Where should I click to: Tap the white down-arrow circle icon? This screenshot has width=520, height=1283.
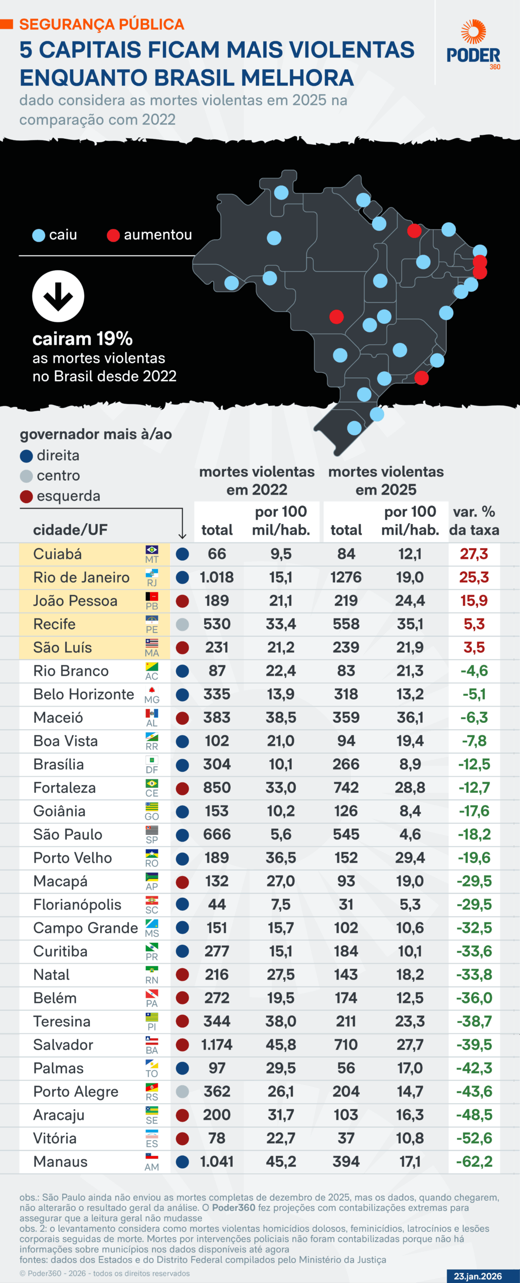click(58, 296)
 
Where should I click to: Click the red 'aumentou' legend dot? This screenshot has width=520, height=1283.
click(113, 235)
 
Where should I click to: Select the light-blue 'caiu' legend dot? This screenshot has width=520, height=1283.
click(39, 235)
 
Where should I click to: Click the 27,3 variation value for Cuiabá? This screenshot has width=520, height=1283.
click(474, 554)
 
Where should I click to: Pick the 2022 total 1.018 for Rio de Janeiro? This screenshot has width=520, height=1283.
click(217, 577)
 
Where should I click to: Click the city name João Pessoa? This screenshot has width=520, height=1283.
click(75, 600)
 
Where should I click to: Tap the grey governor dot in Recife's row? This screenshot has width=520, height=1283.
click(183, 624)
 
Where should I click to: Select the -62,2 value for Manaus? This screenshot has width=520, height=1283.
click(474, 1161)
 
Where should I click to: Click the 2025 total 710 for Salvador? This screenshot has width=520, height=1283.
click(346, 1044)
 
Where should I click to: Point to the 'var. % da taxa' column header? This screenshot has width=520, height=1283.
click(474, 521)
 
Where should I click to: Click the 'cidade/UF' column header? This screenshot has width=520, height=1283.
click(70, 530)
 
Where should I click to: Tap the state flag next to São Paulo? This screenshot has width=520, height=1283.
click(151, 830)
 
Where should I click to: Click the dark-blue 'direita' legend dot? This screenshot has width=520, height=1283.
click(26, 456)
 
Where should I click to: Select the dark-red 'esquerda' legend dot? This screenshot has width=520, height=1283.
click(26, 496)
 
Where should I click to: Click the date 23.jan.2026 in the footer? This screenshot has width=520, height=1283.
click(477, 1276)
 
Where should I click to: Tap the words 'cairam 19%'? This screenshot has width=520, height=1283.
click(83, 339)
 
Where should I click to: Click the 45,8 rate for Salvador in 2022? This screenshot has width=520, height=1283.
click(281, 1044)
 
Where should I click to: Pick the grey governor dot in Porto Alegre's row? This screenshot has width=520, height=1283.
click(183, 1091)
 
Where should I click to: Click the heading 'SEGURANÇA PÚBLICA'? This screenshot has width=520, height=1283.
click(102, 24)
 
